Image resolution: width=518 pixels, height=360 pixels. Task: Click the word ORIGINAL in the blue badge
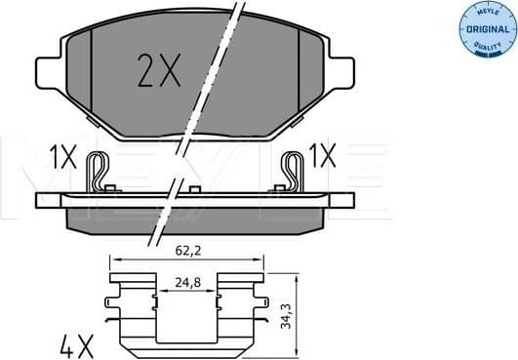coord(484,30)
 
